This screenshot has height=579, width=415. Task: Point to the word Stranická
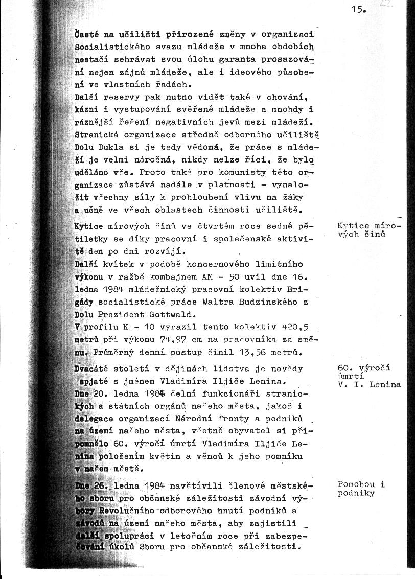(94, 135)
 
